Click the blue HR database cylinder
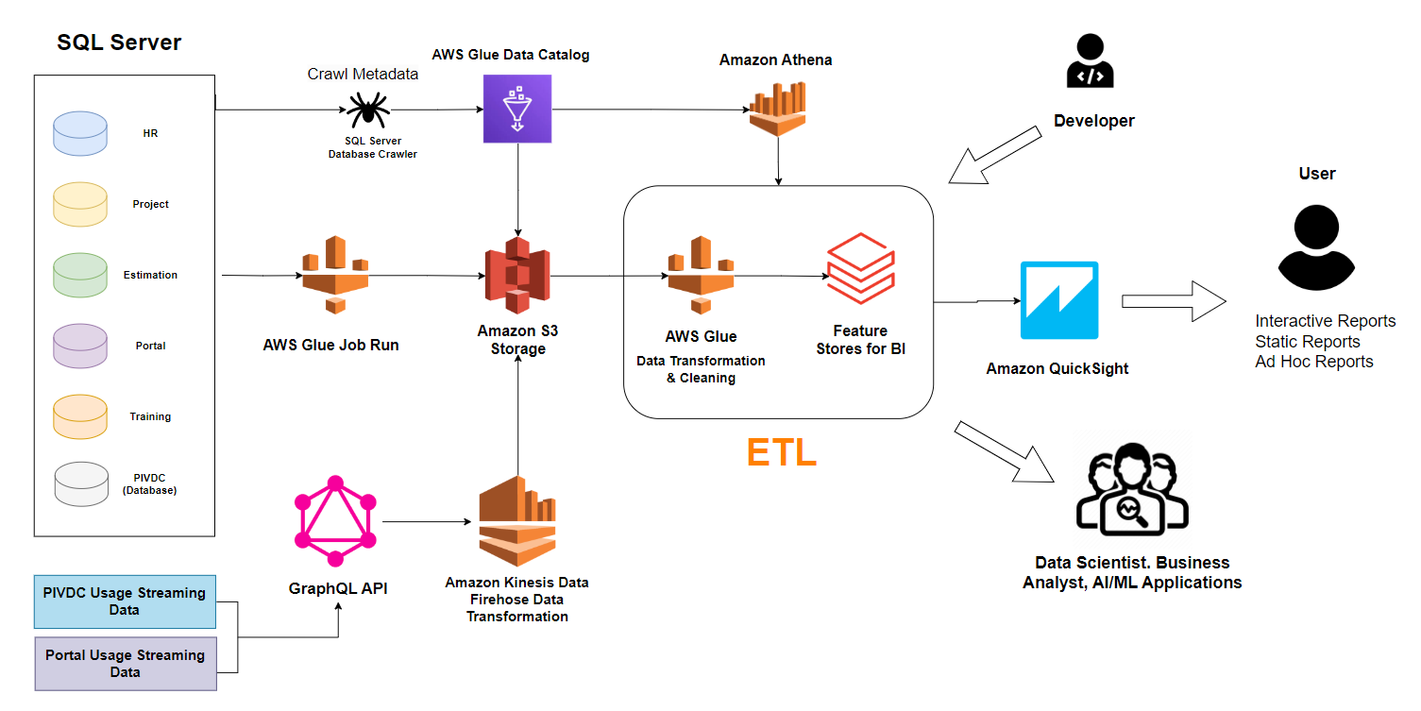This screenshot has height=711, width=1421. tap(81, 133)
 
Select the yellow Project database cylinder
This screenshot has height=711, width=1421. tap(81, 204)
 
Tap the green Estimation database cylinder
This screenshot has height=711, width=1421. tap(81, 275)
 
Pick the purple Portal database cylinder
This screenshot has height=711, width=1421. tap(81, 346)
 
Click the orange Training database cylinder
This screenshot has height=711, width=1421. tap(81, 416)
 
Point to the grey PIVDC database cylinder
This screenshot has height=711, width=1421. tap(81, 483)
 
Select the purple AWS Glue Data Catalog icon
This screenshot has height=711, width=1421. tap(516, 109)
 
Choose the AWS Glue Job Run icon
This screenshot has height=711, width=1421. tap(334, 275)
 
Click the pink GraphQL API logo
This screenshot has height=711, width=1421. tap(335, 518)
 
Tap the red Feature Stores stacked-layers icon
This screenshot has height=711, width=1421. tap(860, 268)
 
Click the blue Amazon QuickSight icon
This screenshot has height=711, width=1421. tap(1059, 300)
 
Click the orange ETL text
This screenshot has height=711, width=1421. tap(781, 453)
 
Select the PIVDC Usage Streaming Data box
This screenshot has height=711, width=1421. tap(125, 601)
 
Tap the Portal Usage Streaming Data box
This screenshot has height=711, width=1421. tap(125, 664)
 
